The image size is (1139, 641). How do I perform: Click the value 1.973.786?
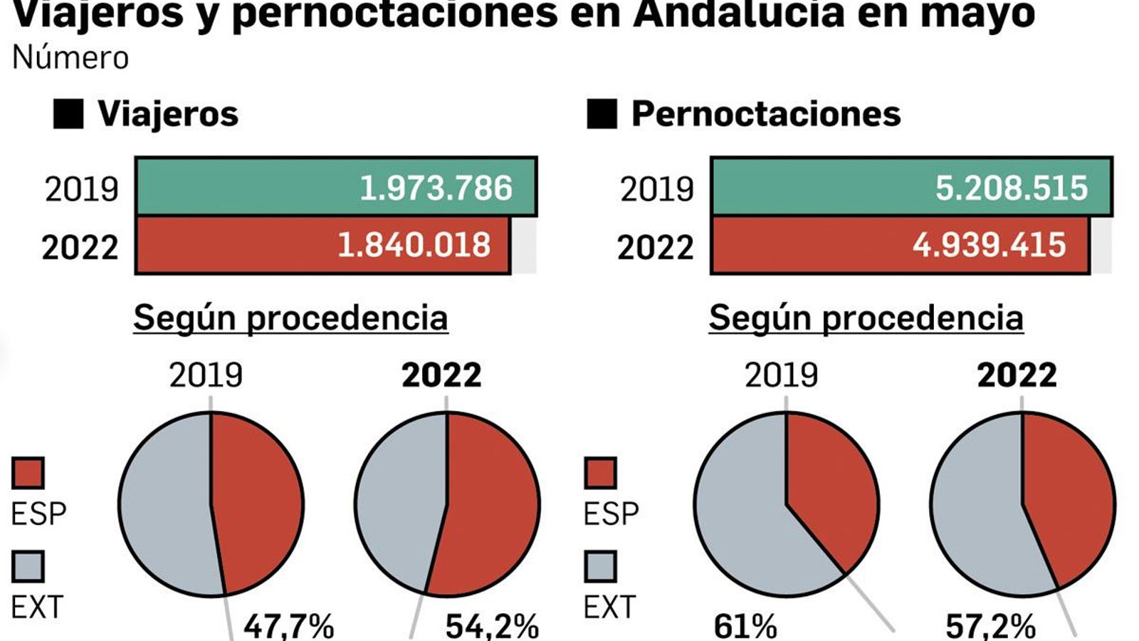tap(436, 188)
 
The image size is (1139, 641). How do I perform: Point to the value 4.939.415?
tap(989, 246)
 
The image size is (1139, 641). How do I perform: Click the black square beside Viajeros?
tap(68, 114)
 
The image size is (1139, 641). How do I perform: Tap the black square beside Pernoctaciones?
tap(602, 114)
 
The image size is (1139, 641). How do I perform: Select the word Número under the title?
tap(70, 58)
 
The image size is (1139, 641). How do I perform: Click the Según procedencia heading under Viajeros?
tap(290, 318)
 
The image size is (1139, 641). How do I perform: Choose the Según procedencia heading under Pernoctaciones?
tap(866, 318)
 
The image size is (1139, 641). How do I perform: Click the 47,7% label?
tap(288, 626)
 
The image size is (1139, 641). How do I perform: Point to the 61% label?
tap(745, 627)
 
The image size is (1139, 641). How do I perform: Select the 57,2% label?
tap(990, 627)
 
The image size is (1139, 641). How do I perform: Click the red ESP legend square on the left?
tap(28, 473)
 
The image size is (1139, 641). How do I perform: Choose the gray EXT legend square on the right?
tap(600, 567)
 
